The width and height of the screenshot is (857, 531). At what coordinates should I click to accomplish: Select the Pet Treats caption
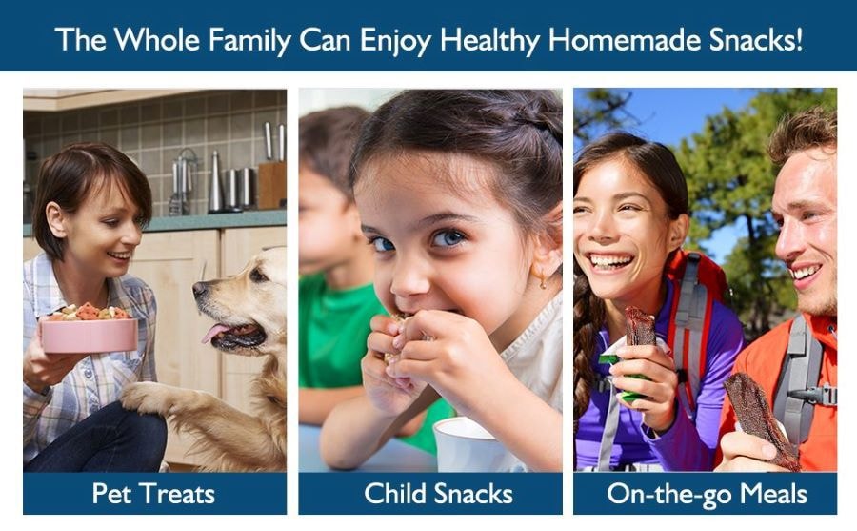click(x=153, y=493)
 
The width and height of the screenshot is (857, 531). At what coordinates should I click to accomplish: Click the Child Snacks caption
click(x=438, y=493)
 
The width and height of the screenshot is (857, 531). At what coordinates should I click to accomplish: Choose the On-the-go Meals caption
click(x=707, y=495)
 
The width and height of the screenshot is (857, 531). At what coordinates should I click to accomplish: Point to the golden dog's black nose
click(x=199, y=289)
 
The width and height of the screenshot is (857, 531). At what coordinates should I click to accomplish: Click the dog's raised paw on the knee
click(x=143, y=397)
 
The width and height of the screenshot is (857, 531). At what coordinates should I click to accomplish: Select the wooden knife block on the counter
click(x=271, y=185)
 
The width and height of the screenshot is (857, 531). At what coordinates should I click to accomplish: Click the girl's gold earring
click(x=542, y=279)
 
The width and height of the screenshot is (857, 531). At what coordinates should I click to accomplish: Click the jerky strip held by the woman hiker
click(x=640, y=326)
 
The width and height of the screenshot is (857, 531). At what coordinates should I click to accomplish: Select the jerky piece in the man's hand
click(x=761, y=419)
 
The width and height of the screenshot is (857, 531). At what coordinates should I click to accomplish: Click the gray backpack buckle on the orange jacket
click(x=814, y=396)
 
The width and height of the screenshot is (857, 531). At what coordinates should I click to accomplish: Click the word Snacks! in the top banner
click(x=756, y=39)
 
